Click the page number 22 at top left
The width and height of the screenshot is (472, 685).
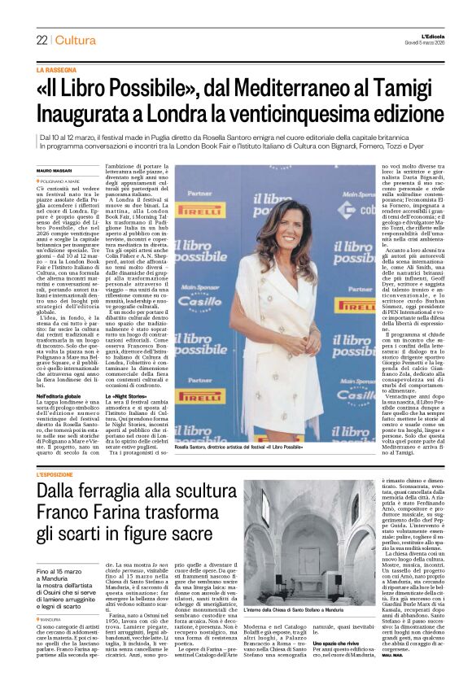tap(42, 41)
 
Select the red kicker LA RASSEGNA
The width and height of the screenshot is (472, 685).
tap(54, 71)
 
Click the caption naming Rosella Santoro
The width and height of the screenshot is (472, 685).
tap(244, 449)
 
